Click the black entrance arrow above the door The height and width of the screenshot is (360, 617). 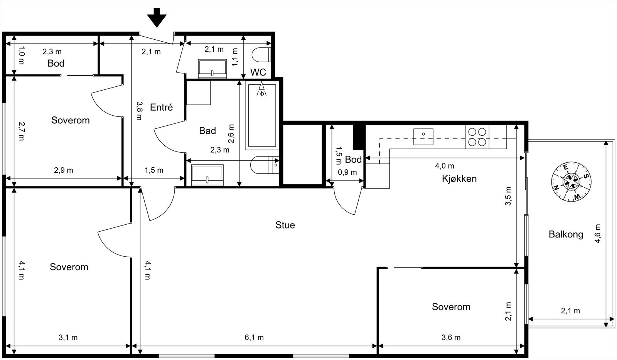point(157,18)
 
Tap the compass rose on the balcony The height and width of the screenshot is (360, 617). point(571,182)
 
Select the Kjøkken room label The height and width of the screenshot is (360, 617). point(459,178)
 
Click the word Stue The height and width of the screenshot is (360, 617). point(285,225)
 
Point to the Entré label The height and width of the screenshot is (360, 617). point(162,107)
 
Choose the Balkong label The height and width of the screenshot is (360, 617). point(566,234)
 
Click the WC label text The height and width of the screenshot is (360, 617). point(258,72)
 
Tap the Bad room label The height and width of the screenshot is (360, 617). point(207,130)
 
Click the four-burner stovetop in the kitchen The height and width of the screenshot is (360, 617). point(477,137)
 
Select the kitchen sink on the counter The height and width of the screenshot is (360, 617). point(423,137)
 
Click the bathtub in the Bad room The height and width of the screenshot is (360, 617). point(262,115)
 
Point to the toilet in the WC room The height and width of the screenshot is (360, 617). point(261,55)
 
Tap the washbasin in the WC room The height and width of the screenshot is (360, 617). point(212,69)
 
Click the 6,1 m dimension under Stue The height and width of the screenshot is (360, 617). point(254,337)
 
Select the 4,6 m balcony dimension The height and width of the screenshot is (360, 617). point(597,234)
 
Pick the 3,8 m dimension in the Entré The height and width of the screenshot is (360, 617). point(139,111)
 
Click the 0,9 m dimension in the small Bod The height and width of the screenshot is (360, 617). point(347,172)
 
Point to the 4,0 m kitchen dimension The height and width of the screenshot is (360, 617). point(445,166)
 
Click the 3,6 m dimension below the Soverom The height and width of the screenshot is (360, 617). point(451,337)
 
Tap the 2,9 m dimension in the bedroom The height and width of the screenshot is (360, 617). point(63,170)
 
